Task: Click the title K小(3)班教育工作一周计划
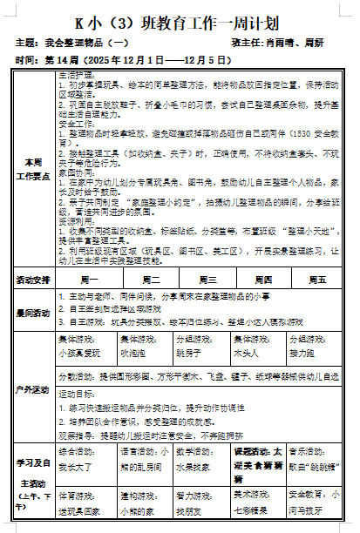click(180, 18)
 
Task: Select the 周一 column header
click(89, 280)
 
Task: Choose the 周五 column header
click(316, 280)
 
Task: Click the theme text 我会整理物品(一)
click(87, 42)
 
